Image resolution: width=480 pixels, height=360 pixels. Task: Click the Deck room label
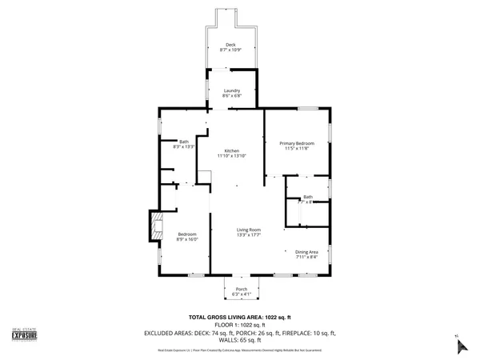tap(230, 45)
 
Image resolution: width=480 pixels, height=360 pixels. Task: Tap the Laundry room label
tap(232, 91)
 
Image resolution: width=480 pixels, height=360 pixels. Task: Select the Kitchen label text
tap(232, 151)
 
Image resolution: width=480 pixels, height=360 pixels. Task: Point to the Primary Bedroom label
tap(297, 143)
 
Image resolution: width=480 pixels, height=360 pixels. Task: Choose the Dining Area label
tap(306, 252)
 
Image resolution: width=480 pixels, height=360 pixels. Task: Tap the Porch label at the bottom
tap(241, 289)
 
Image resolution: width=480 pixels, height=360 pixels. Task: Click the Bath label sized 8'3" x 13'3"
tap(184, 142)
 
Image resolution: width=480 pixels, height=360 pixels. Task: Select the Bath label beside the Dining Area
tap(308, 197)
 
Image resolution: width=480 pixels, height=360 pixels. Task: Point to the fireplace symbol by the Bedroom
tap(155, 226)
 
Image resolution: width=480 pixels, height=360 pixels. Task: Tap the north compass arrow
tap(459, 344)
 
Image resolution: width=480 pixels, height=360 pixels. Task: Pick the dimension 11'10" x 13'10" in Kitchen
tap(232, 156)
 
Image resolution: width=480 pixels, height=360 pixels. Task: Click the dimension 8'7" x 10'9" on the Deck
tap(230, 50)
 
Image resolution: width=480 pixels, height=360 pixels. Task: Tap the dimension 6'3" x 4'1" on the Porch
tap(241, 294)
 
